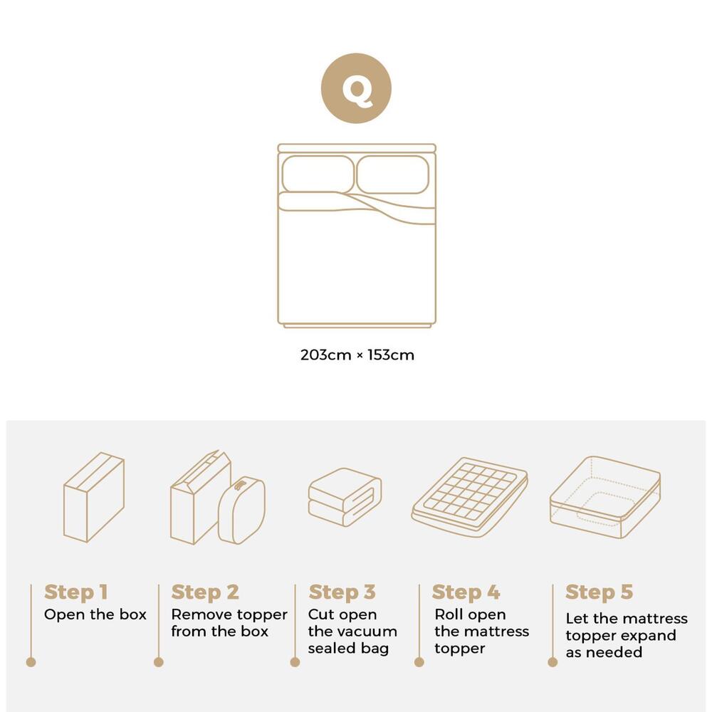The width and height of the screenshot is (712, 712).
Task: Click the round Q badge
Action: [x=356, y=88]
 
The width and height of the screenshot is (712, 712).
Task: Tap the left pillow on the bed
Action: [x=318, y=174]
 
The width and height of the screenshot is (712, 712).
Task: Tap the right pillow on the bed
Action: [x=392, y=174]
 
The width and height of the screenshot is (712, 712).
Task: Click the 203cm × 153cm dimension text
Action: [x=357, y=355]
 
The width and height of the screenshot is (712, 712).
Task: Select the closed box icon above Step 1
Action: [x=94, y=497]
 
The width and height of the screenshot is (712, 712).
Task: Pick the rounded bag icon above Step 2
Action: [x=242, y=510]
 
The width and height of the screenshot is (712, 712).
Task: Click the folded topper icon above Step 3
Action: [x=345, y=497]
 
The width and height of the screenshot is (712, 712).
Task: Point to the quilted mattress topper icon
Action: [x=470, y=496]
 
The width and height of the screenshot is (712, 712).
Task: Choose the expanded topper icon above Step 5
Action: [x=604, y=496]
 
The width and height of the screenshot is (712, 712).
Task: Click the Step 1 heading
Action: [x=75, y=592]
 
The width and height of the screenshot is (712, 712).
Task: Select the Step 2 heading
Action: [x=205, y=592]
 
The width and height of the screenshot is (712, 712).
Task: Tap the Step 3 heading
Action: [x=342, y=592]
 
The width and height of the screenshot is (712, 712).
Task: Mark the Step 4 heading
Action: [x=466, y=592]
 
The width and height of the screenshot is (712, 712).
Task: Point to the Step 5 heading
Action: [x=599, y=592]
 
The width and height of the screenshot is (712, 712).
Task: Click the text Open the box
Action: [x=95, y=614]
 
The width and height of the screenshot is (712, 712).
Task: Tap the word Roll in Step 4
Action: [x=449, y=614]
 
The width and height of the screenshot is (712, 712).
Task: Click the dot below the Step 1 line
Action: [x=31, y=661]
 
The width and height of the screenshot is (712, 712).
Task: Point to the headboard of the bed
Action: [x=356, y=148]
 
